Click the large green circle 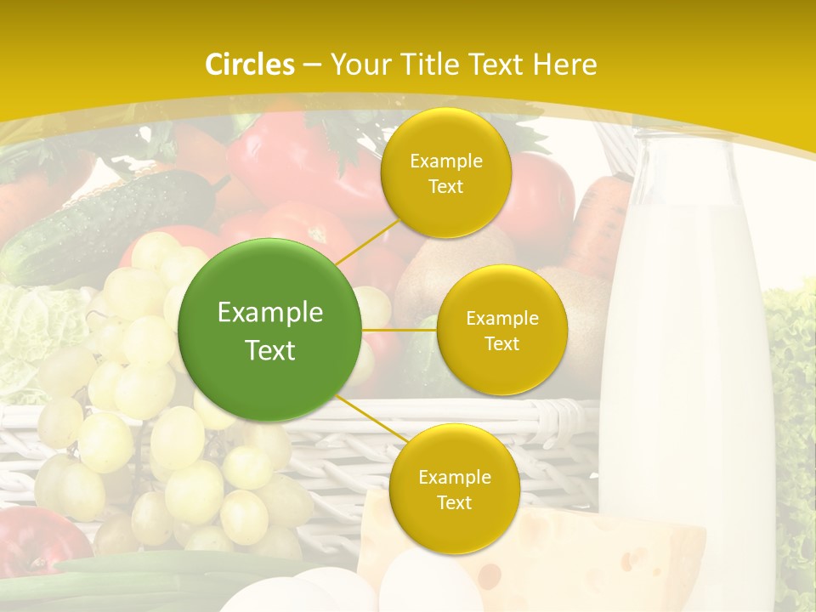(270, 330)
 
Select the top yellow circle (445, 173)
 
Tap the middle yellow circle (501, 330)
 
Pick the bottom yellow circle (454, 489)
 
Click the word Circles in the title (250, 65)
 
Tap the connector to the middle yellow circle (399, 330)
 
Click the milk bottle (680, 374)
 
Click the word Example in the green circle (270, 313)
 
